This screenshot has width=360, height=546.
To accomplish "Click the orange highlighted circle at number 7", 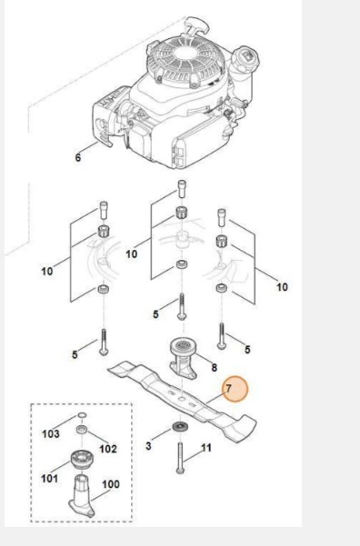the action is coord(235,389).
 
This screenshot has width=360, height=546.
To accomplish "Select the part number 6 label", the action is coord(77,157).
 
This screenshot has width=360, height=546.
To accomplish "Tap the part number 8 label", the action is coord(214,367).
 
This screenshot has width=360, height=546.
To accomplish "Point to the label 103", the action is coord(51,434).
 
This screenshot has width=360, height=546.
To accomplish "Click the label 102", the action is coord(108,449).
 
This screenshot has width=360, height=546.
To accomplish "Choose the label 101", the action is coord(49,479).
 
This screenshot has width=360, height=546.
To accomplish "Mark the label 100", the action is coord(111,484).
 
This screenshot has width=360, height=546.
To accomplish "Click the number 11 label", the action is coord(206,448).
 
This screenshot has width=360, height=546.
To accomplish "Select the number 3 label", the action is coord(148,446).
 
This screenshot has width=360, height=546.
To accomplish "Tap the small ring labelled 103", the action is coord(82,415).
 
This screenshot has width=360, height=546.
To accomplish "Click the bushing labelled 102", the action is coord(82,429).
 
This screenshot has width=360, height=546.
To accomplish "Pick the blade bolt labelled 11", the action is coord(180,458).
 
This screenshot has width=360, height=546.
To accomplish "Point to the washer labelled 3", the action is coord(181,426).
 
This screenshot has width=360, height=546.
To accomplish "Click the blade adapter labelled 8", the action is coord(184,359).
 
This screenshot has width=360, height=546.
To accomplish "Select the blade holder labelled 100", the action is coord(82,496).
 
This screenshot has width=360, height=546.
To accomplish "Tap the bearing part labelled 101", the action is coord(81,461).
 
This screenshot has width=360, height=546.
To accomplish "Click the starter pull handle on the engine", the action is coord(197,25).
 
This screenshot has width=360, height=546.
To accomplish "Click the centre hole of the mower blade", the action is coord(182,397).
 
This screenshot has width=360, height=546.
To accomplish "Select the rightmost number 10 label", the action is coord(282,287).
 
